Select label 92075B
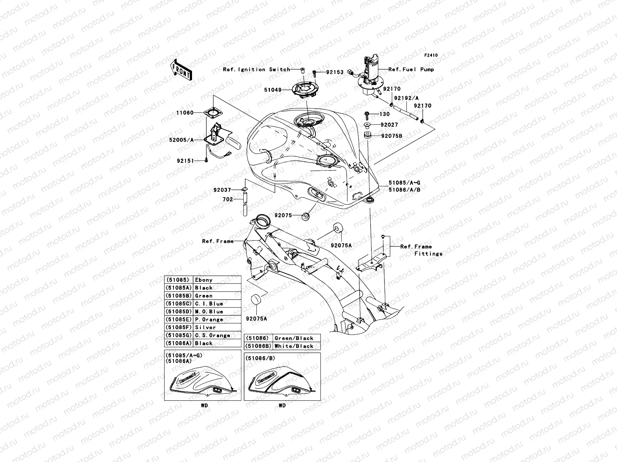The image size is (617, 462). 392,136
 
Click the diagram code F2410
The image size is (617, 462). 431,55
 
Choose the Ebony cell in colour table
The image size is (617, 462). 204,280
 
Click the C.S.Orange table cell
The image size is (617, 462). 212,335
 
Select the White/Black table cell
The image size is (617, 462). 294,346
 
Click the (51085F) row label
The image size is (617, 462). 179,327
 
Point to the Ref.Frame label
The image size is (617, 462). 218,241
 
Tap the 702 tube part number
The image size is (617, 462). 228,199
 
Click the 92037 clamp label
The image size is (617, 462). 223,190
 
